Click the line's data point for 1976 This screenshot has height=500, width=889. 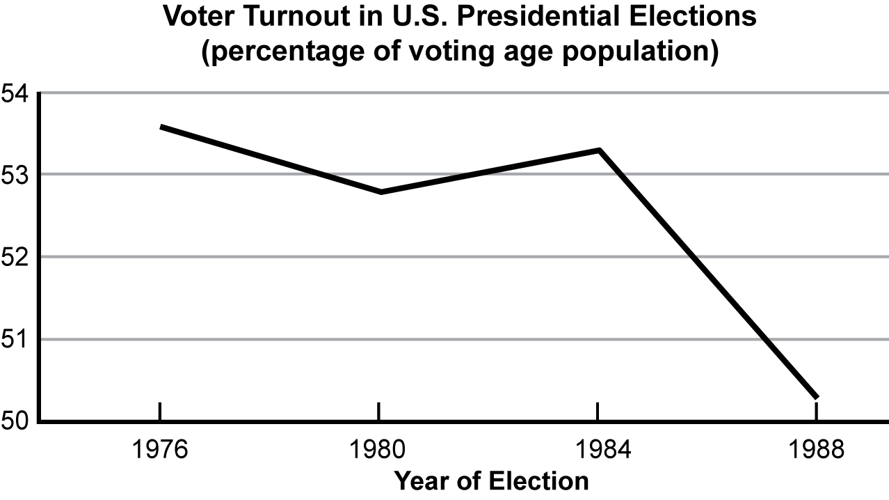(161, 127)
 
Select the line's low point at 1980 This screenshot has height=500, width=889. (380, 192)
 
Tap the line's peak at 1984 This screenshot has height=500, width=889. (598, 150)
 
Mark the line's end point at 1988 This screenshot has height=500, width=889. (816, 397)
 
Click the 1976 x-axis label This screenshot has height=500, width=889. (161, 449)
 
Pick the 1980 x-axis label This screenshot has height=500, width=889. (379, 449)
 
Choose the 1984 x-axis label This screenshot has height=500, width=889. (598, 449)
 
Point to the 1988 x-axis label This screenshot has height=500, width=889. (816, 449)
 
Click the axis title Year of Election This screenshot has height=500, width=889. (490, 481)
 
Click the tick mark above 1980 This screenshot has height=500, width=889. (379, 411)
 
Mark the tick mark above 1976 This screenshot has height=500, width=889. (161, 411)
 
